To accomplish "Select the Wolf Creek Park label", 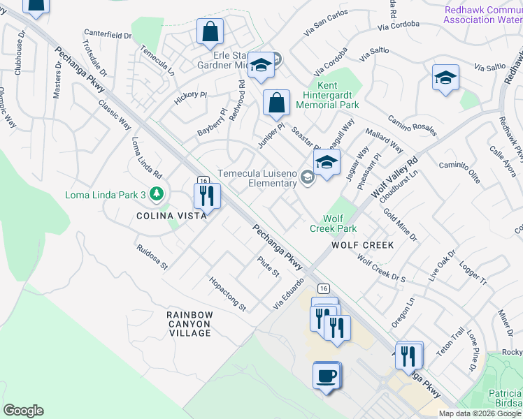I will click(334, 223).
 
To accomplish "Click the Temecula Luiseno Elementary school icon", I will click(306, 179).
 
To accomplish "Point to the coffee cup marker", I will click(326, 376).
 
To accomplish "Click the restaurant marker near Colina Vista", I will click(206, 196).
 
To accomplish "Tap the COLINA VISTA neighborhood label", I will click(171, 216).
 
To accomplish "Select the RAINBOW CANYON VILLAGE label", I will click(189, 324).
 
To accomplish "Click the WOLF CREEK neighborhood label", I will click(362, 245).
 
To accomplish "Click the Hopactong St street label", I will click(228, 293).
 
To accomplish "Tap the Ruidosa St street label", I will click(152, 256).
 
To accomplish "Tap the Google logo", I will click(23, 411).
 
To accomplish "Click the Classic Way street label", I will click(115, 115).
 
